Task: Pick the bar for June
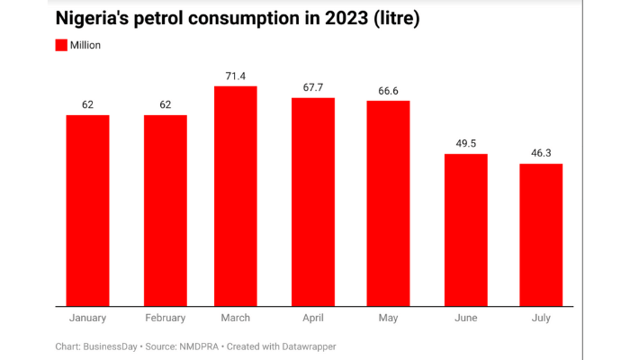point(466,229)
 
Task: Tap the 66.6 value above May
point(388,91)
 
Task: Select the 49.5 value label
point(466,144)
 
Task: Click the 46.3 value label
point(541,154)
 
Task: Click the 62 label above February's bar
point(166,105)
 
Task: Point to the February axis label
point(166,318)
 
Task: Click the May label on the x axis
point(388,318)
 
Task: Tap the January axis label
point(87,318)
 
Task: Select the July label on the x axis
point(541,318)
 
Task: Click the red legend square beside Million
point(62,45)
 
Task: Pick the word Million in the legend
point(91,45)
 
